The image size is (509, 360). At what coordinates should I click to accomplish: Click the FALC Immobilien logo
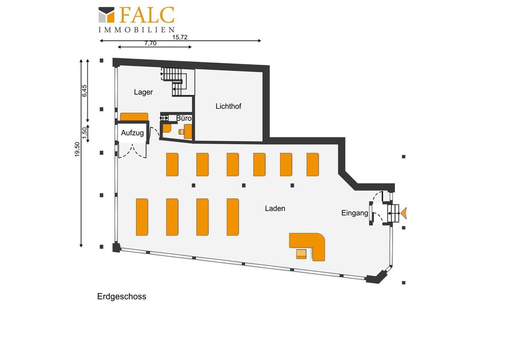coord(137,20)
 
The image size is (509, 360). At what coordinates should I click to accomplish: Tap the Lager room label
coord(143,92)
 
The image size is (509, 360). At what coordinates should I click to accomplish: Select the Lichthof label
coord(228,106)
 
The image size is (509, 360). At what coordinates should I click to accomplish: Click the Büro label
coord(184,118)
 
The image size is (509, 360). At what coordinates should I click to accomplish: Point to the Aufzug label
coord(133,133)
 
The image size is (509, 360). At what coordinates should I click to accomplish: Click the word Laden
coord(275,208)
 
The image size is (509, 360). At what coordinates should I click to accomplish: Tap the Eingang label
coord(355,213)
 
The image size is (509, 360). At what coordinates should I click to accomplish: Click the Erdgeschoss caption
coord(122,297)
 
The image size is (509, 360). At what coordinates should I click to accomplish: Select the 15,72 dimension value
coord(180,37)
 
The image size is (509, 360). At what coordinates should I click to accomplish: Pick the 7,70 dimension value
coord(150,43)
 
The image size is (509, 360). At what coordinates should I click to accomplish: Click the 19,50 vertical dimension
coord(77,150)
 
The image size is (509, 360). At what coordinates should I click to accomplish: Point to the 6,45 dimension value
coord(84,91)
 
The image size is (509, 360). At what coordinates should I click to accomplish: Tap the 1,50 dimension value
coord(84,133)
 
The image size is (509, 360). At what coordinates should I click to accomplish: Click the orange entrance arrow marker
coord(403,213)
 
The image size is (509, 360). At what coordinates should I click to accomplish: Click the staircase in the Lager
coord(178,82)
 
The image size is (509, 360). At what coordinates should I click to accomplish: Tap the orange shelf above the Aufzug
coord(134,117)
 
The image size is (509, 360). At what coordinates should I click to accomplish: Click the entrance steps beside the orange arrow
coord(393,213)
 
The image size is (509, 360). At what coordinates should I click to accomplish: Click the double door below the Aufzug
coord(133,151)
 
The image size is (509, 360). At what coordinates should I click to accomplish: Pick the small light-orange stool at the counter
coord(301,254)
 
